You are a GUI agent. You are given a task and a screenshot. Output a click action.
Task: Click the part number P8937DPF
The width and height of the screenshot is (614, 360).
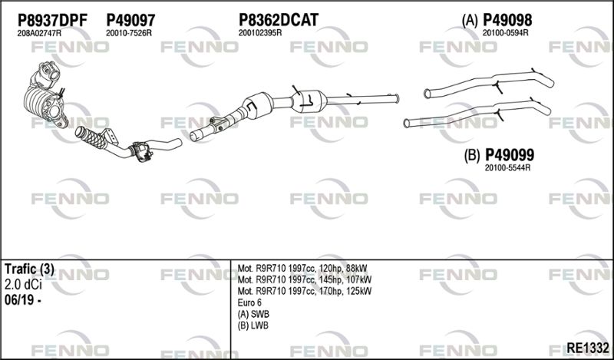[x=52, y=20]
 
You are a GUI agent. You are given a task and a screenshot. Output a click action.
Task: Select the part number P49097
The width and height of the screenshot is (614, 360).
[x=130, y=20]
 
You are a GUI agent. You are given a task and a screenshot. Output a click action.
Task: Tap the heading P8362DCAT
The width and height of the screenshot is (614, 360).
[x=279, y=20]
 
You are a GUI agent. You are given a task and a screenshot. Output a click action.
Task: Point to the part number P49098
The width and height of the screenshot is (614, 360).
[x=507, y=20]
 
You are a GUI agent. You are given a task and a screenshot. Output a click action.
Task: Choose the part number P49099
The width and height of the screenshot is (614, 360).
[x=510, y=155]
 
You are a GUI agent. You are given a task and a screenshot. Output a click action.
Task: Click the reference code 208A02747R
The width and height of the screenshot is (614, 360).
[x=39, y=33]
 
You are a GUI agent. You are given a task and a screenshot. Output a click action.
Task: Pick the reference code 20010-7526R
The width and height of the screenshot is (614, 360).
[x=128, y=33]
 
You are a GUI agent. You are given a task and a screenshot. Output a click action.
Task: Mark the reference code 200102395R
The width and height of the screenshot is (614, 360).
[x=260, y=33]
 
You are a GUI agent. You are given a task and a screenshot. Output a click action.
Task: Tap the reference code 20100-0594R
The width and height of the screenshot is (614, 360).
[x=505, y=33]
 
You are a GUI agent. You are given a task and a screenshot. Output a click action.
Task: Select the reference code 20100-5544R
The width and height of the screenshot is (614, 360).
[x=507, y=167]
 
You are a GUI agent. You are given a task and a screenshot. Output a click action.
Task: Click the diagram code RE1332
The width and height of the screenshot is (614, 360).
[x=588, y=348]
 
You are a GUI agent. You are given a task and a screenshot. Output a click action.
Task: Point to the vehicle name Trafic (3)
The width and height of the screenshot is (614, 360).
[x=29, y=269]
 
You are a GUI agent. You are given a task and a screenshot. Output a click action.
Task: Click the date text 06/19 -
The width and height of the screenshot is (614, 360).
[x=23, y=300]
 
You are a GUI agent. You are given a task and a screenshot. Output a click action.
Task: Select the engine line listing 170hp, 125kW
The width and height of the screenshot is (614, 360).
[x=304, y=291]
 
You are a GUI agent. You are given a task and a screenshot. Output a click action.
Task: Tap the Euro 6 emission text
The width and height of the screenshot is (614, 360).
[x=249, y=302]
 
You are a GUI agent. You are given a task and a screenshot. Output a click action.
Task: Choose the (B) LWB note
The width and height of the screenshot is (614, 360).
[x=253, y=325]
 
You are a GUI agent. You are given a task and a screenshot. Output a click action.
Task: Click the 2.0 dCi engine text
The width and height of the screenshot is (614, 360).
[x=23, y=285]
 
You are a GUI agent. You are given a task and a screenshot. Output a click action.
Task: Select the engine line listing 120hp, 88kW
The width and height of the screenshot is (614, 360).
[x=302, y=269]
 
